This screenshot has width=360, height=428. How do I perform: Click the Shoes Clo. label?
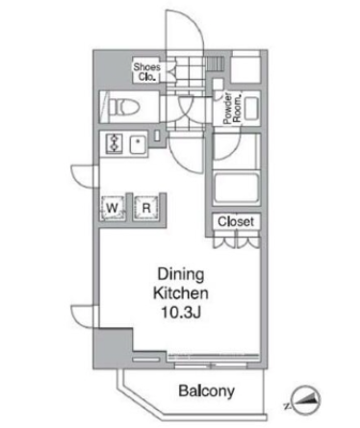tap(146, 72)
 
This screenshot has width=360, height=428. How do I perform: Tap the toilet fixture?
tap(123, 107)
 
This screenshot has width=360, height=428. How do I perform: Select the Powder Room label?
tap(232, 108)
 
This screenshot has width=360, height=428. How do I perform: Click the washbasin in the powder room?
tap(251, 109)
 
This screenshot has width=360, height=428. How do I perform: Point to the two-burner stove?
tap(115, 143)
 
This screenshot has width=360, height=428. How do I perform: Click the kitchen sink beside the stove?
tap(138, 143)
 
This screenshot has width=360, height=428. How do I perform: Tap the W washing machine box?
tap(112, 208)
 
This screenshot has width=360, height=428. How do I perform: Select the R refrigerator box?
tap(146, 208)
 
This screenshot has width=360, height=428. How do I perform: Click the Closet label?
tap(236, 221)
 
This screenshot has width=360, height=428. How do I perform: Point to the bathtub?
tap(237, 189)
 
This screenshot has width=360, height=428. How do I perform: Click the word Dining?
tap(181, 274)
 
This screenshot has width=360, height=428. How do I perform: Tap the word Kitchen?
tap(181, 293)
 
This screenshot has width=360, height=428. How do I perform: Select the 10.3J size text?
tap(181, 313)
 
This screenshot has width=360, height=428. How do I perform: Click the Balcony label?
tap(206, 390)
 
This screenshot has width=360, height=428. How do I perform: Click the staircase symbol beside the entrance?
tap(215, 63)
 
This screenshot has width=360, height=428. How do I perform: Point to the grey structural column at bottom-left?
tap(113, 348)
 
